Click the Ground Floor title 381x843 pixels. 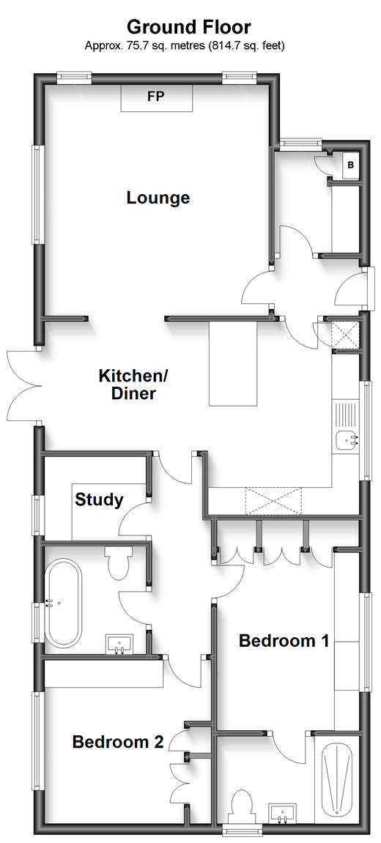[x=188, y=27]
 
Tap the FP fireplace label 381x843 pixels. [x=155, y=97]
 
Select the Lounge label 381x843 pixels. [x=158, y=198]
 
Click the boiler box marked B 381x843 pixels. [x=351, y=165]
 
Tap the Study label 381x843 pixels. [x=99, y=500]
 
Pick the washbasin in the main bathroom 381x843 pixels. [x=120, y=644]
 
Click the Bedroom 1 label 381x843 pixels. [x=284, y=641]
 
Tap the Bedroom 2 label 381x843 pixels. [x=118, y=743]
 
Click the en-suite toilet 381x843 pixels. [x=243, y=806]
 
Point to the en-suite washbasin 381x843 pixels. [x=283, y=814]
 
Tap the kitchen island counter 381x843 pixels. [x=234, y=363]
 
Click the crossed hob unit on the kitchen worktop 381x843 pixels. [x=273, y=501]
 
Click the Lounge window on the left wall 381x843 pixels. [x=37, y=195]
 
